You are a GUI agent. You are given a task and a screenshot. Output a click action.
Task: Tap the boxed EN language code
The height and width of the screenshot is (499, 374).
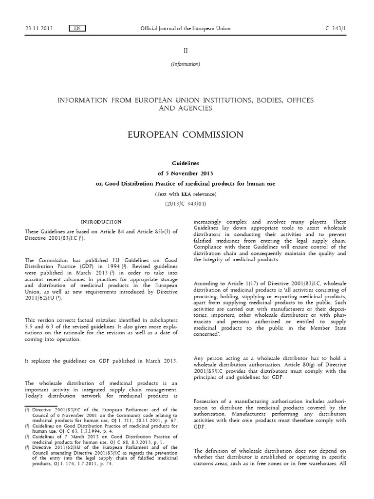[x=77, y=28]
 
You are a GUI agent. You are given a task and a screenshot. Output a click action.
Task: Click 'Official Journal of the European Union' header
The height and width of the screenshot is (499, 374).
[x=185, y=28]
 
